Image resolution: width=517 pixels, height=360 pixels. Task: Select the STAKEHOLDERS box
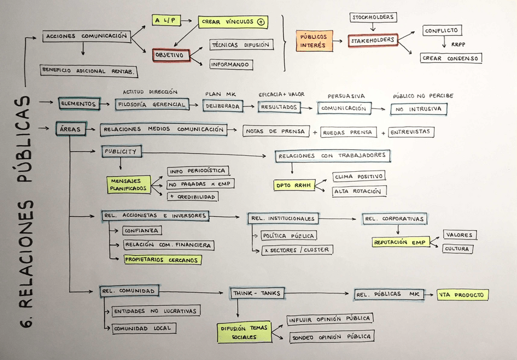tap(373, 41)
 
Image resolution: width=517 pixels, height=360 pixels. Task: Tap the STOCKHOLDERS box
tap(373, 17)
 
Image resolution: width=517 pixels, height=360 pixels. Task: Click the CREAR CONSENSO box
tap(451, 58)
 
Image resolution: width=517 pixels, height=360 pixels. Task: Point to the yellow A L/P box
tap(166, 20)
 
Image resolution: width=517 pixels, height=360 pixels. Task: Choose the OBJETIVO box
tap(171, 55)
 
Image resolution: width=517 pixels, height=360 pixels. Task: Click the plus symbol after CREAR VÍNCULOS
tap(261, 22)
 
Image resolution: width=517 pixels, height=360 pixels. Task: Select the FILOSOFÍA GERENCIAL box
tap(151, 104)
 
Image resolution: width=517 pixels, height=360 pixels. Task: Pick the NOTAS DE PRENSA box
tap(275, 131)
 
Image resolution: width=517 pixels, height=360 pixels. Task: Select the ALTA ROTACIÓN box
tap(358, 191)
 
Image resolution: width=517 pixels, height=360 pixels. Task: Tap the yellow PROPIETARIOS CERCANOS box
tap(162, 259)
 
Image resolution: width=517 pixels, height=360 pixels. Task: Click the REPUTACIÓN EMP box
tap(401, 242)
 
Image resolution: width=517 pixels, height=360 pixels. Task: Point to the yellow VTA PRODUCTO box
tap(462, 295)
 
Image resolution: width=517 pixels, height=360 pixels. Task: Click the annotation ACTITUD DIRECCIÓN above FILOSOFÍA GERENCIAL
tap(150, 92)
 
